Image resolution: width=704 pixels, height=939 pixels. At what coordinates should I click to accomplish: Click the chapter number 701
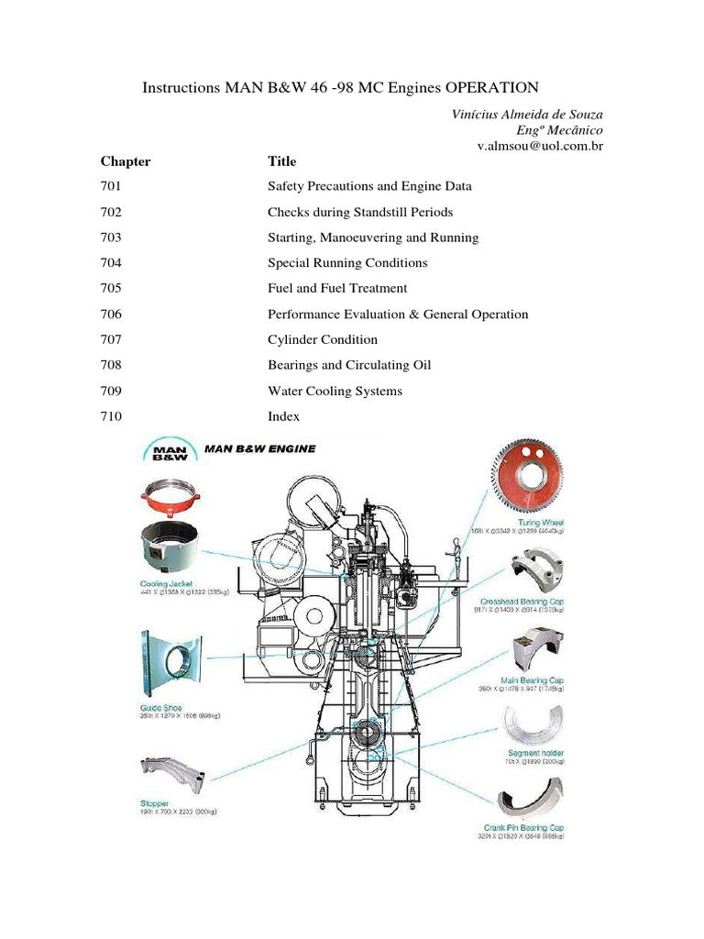(x=110, y=186)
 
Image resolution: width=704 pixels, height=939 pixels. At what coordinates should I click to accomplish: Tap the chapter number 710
(x=110, y=416)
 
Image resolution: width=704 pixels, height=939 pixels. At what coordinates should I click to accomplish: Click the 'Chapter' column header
(x=126, y=161)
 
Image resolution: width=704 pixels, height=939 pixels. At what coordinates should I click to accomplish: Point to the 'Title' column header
(x=281, y=161)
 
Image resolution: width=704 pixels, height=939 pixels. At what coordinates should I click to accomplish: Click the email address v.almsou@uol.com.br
(x=539, y=146)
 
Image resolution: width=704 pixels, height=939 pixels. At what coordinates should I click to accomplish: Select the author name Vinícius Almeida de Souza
(x=527, y=114)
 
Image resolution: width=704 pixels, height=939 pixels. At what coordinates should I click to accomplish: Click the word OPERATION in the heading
(x=491, y=88)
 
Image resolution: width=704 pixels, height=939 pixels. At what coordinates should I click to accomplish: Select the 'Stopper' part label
(x=154, y=802)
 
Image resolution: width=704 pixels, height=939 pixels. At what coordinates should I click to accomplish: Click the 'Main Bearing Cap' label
(x=537, y=680)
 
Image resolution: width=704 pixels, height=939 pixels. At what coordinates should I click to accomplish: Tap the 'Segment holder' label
(x=539, y=754)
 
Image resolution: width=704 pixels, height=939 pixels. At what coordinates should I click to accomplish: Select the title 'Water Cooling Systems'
(x=335, y=391)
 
